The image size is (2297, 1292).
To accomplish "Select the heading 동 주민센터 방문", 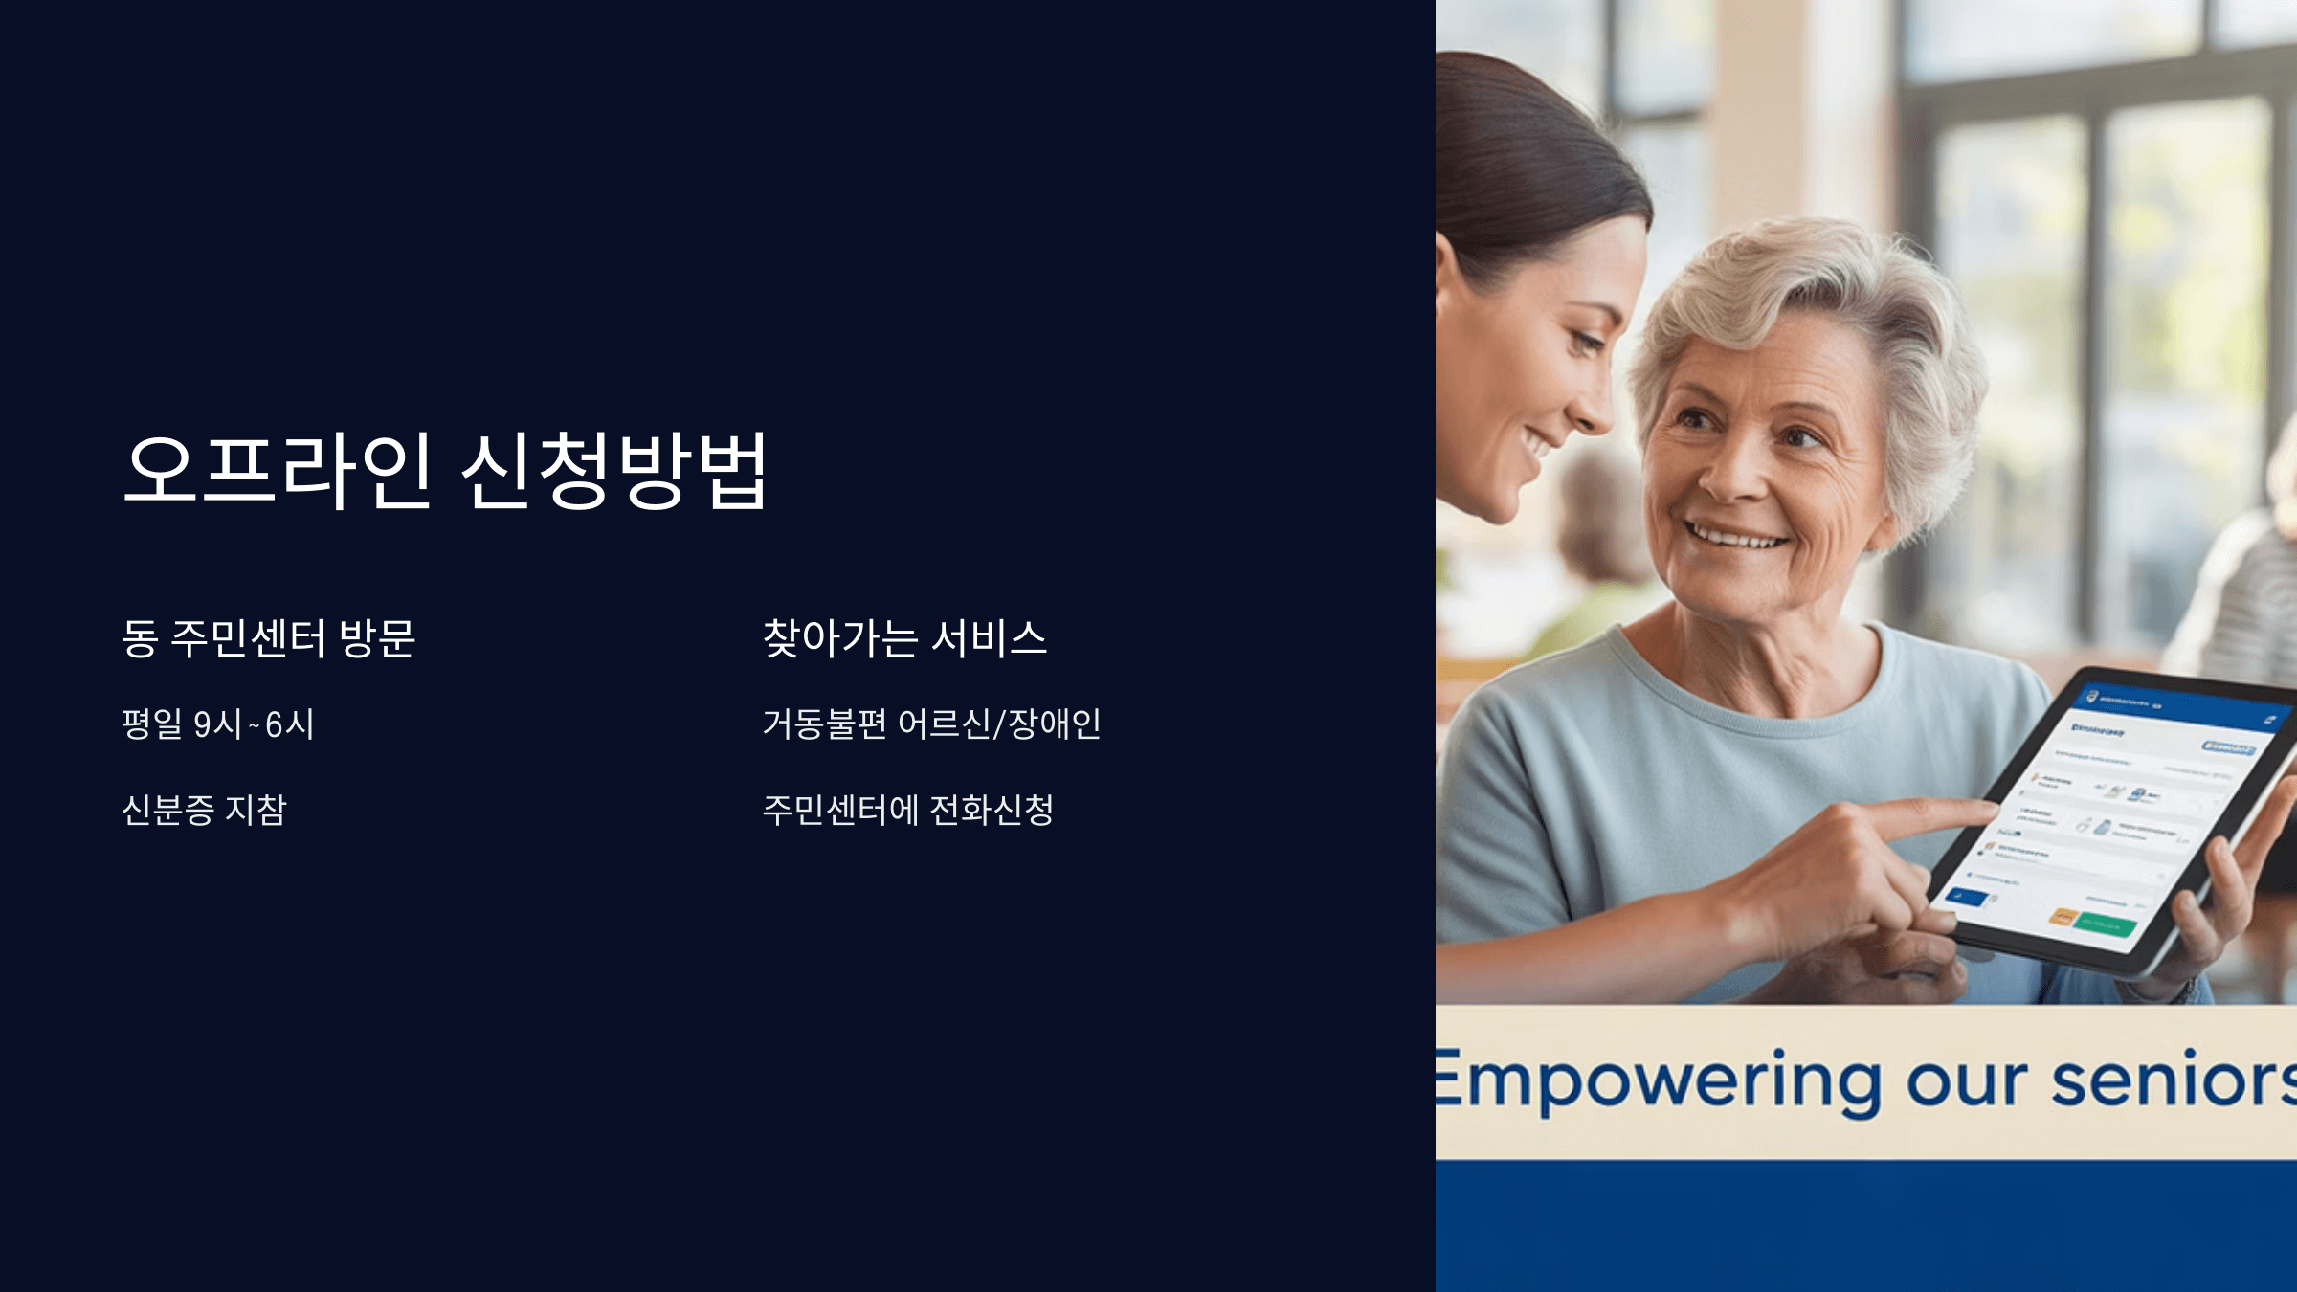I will [268, 638].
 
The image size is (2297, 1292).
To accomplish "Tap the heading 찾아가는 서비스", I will [904, 638].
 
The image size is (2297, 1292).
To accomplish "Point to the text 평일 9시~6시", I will [218, 724].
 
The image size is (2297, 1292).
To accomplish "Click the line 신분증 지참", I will [204, 810].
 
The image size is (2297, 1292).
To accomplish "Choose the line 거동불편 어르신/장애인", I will [931, 724].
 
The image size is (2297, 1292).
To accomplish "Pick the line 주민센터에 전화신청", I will [907, 810].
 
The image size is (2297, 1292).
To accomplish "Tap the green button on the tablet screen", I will [2106, 924].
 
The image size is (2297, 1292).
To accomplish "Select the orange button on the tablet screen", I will [2063, 917].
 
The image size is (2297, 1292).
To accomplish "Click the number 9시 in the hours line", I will [217, 724].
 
